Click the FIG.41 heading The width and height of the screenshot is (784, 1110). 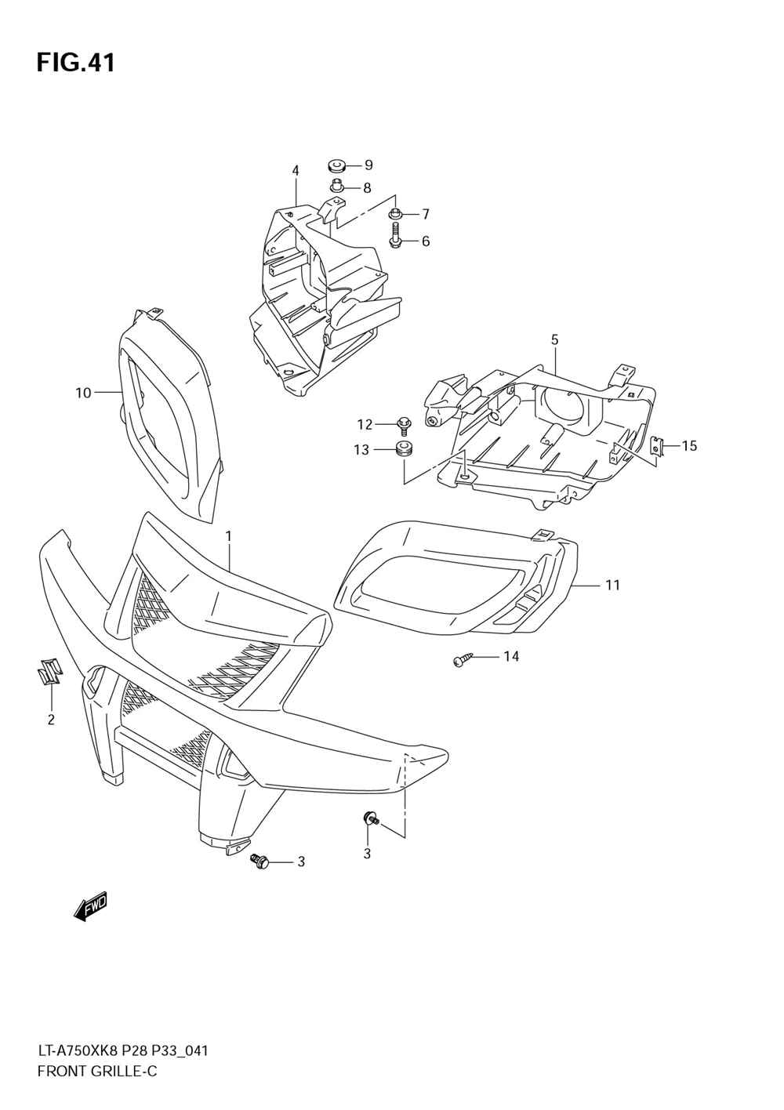pyautogui.click(x=75, y=63)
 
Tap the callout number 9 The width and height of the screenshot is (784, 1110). pyautogui.click(x=368, y=165)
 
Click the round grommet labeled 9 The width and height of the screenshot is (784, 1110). pyautogui.click(x=337, y=165)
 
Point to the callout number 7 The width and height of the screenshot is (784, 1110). pyautogui.click(x=426, y=214)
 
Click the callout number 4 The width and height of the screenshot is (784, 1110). pyautogui.click(x=296, y=170)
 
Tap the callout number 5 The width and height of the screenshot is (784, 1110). pyautogui.click(x=554, y=339)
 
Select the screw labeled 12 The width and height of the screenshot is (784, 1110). pyautogui.click(x=405, y=425)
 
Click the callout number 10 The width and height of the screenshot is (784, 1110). pyautogui.click(x=83, y=393)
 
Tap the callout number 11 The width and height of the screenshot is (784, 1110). pyautogui.click(x=612, y=585)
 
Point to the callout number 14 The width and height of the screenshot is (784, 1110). pyautogui.click(x=510, y=656)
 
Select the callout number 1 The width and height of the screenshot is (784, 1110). pyautogui.click(x=228, y=536)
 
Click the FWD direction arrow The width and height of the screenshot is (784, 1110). pyautogui.click(x=89, y=907)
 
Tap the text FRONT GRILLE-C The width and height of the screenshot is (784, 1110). pyautogui.click(x=97, y=1071)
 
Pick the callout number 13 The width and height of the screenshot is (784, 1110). pyautogui.click(x=361, y=450)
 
